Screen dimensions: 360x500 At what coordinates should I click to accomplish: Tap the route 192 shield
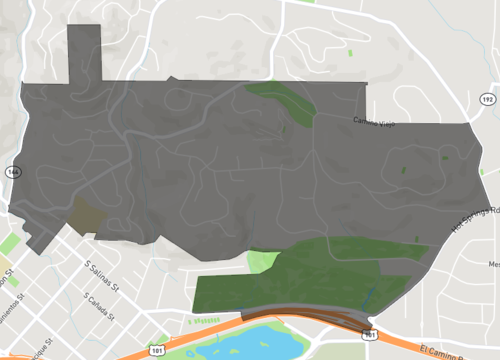pos(488,100)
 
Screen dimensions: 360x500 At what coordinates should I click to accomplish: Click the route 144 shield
pos(11,172)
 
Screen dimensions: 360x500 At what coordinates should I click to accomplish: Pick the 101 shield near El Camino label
pos(372,336)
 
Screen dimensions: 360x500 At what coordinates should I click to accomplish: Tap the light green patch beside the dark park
pos(262,262)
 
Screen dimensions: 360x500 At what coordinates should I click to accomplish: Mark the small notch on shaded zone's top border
pos(172,78)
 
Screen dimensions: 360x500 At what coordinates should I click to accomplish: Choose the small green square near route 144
pos(9,243)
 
